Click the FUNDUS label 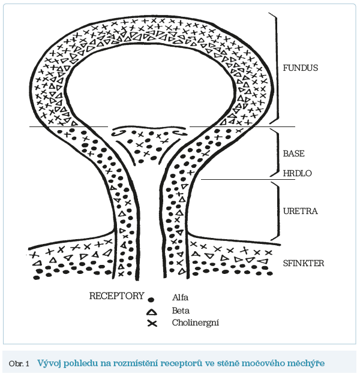pyautogui.click(x=300, y=68)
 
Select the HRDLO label pyautogui.click(x=298, y=173)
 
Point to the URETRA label pyautogui.click(x=300, y=211)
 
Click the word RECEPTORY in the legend pyautogui.click(x=116, y=296)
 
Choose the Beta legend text pyautogui.click(x=181, y=311)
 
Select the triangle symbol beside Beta pyautogui.click(x=152, y=311)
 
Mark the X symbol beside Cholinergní pyautogui.click(x=152, y=324)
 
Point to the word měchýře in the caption pyautogui.click(x=308, y=363)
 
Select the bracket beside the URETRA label pyautogui.click(x=277, y=210)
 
